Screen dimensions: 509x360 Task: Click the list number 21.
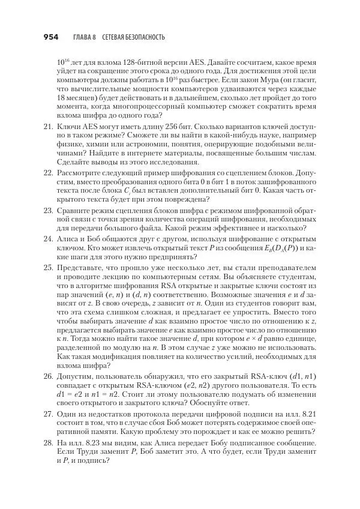pyautogui.click(x=47, y=127)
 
